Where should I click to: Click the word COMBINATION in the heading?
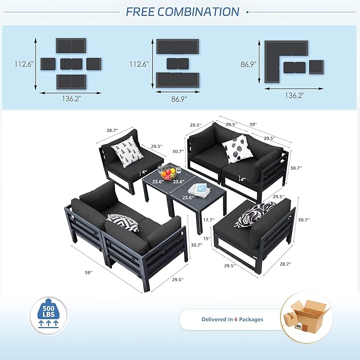[x=199, y=12]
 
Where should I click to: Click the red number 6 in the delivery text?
[x=236, y=319]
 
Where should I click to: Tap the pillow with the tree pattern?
[x=127, y=151]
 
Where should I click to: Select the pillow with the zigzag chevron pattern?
[x=124, y=222]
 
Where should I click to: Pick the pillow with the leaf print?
[x=238, y=148]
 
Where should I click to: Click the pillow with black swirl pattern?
[x=254, y=214]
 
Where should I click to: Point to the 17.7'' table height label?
[x=209, y=219]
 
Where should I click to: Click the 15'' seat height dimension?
[x=207, y=239]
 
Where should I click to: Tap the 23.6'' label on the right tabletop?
[x=188, y=197]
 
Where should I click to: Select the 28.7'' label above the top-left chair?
[x=112, y=130]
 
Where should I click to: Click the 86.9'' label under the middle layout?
[x=179, y=99]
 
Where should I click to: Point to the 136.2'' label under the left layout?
[x=72, y=99]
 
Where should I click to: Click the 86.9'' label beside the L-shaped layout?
[x=249, y=64]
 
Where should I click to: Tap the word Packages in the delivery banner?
[x=251, y=319]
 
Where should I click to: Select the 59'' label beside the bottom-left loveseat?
[x=89, y=273]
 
